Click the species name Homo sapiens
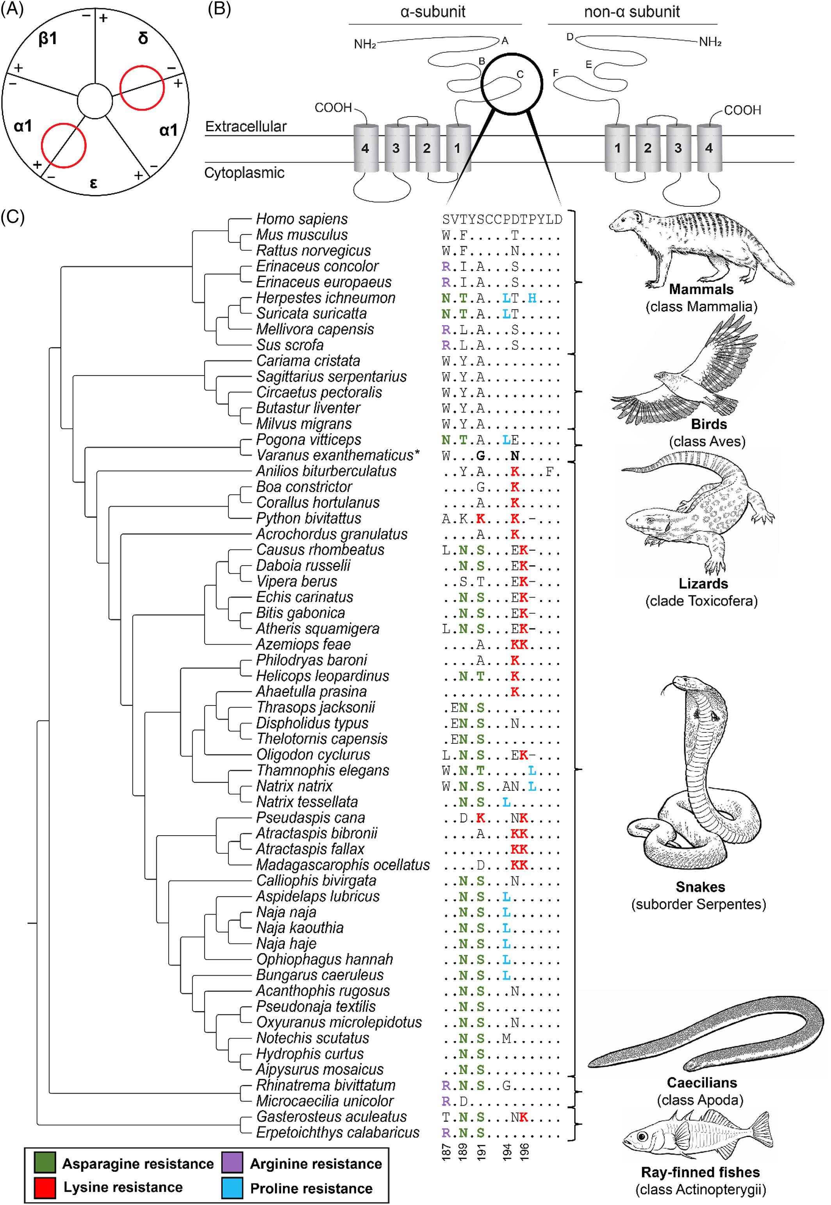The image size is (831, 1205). (x=301, y=219)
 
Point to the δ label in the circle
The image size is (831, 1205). (x=143, y=38)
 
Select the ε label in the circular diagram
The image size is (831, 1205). (x=93, y=183)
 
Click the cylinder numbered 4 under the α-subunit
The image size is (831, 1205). (x=366, y=149)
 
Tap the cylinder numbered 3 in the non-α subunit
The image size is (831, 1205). (x=678, y=149)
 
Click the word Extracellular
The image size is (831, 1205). (x=246, y=127)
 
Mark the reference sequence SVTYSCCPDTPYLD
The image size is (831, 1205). (x=503, y=219)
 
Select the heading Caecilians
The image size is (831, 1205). (x=701, y=1083)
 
